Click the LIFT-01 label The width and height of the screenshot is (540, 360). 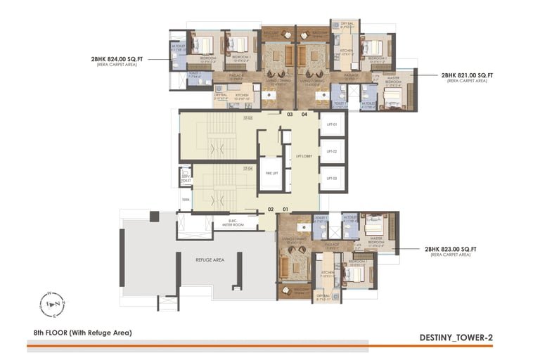(332, 125)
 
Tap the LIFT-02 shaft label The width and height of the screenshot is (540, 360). (332, 151)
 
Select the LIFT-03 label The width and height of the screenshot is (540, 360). (332, 178)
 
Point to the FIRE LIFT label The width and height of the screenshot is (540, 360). (268, 172)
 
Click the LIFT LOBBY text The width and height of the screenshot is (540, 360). (304, 156)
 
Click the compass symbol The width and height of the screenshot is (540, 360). (53, 304)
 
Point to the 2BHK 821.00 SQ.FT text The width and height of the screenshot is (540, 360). (467, 75)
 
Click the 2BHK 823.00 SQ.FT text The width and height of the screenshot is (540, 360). (450, 249)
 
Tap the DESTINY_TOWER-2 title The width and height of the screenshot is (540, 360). (456, 337)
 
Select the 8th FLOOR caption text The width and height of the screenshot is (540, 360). (82, 332)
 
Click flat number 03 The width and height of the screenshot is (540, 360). (289, 113)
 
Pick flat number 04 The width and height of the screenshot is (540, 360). (304, 113)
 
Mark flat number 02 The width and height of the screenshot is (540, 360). (270, 209)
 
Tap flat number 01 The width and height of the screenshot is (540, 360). (285, 209)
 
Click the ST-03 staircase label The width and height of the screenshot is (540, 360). (248, 119)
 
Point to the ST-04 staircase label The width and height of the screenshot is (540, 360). (247, 169)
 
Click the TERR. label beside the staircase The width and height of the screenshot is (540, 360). (186, 200)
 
